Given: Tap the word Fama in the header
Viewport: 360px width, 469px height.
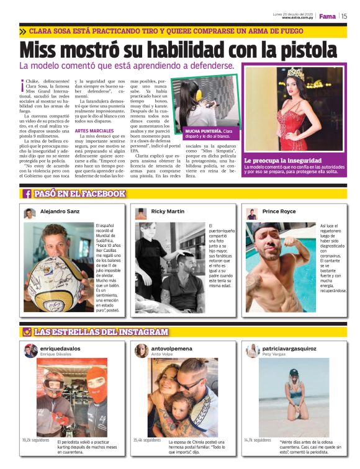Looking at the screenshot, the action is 327,16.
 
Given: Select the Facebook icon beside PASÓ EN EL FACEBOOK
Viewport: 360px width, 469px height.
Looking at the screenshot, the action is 27,194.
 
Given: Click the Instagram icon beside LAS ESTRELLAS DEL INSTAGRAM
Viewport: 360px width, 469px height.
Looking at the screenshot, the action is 27,332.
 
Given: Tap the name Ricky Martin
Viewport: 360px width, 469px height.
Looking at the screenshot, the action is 168,212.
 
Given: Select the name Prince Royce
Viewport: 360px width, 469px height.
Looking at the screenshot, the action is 279,212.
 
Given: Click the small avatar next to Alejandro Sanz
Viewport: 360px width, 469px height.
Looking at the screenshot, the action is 29,213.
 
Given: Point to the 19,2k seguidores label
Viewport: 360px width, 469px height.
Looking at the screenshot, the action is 35,440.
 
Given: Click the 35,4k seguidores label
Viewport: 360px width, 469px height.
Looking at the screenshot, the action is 147,440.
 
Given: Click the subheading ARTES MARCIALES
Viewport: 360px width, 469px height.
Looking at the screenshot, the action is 94,131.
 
